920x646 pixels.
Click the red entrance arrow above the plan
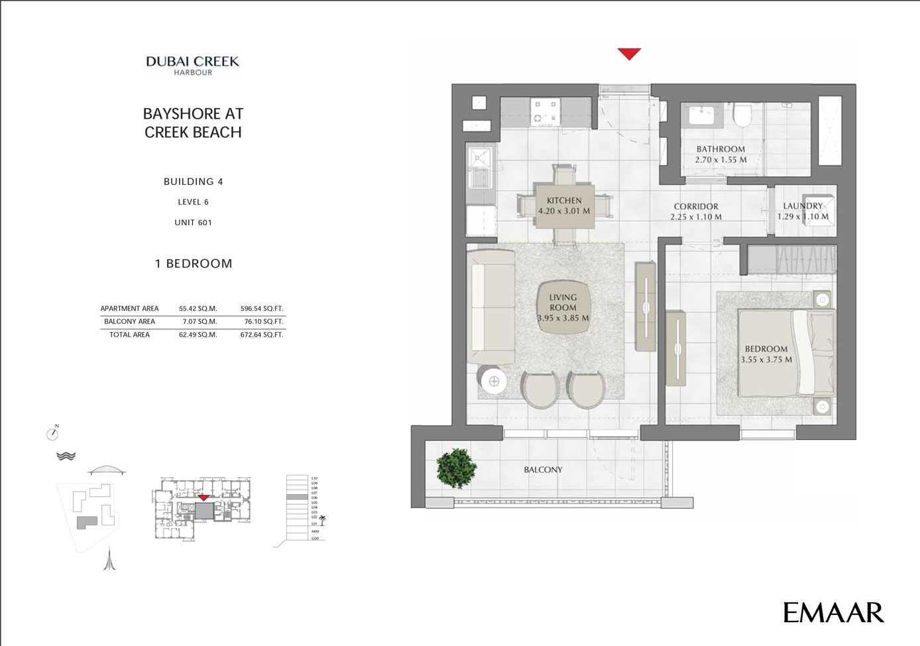point(629,54)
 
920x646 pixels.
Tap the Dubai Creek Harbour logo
point(192,65)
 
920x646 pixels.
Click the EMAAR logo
point(833,612)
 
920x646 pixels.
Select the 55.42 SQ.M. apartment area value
point(198,309)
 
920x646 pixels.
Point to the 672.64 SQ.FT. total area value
point(261,335)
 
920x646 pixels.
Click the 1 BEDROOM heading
point(194,264)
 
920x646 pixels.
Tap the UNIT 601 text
point(193,223)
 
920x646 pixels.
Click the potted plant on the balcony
point(456,468)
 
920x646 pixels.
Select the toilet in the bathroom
point(742,117)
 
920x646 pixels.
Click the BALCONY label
point(543,470)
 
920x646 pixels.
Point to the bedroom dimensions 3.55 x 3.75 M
point(766,360)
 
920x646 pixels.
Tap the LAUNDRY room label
point(803,206)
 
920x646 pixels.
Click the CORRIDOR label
point(696,207)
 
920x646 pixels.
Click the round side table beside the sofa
point(494,381)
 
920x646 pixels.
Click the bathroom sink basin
point(701,115)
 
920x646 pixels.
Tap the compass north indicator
point(52,434)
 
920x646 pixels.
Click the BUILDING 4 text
point(193,182)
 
